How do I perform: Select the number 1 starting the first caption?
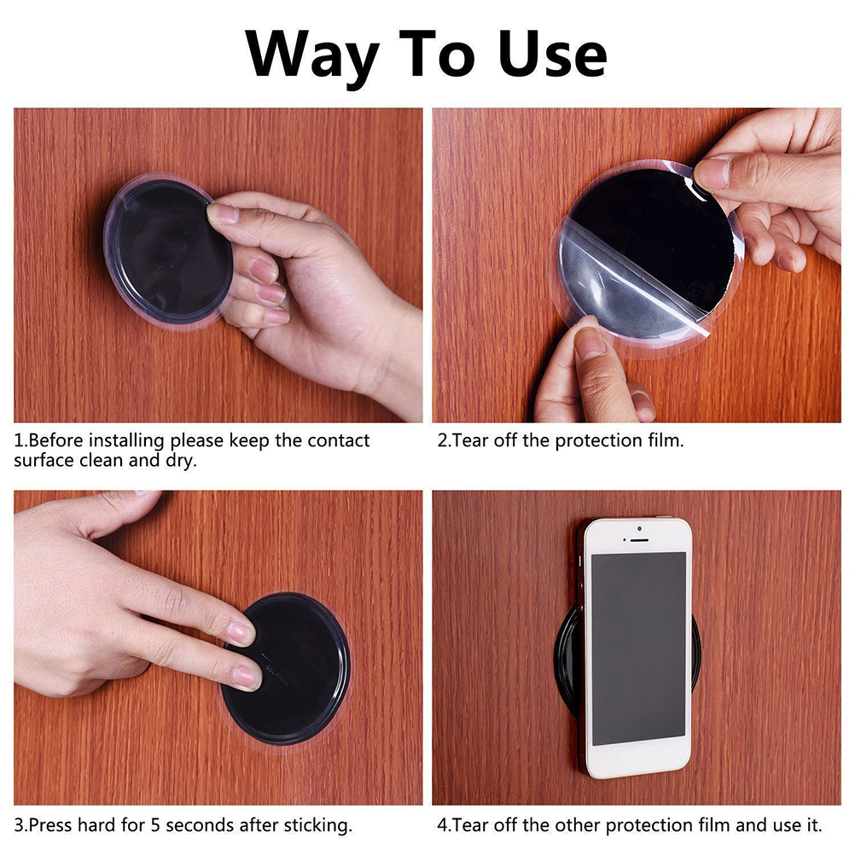(x=18, y=440)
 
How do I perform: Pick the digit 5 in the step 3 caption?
(x=155, y=825)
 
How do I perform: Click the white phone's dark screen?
(x=638, y=649)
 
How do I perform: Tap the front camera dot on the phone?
(x=639, y=529)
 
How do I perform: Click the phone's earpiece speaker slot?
(x=639, y=540)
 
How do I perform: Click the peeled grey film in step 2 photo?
(x=621, y=283)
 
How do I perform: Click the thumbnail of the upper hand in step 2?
(x=712, y=173)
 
